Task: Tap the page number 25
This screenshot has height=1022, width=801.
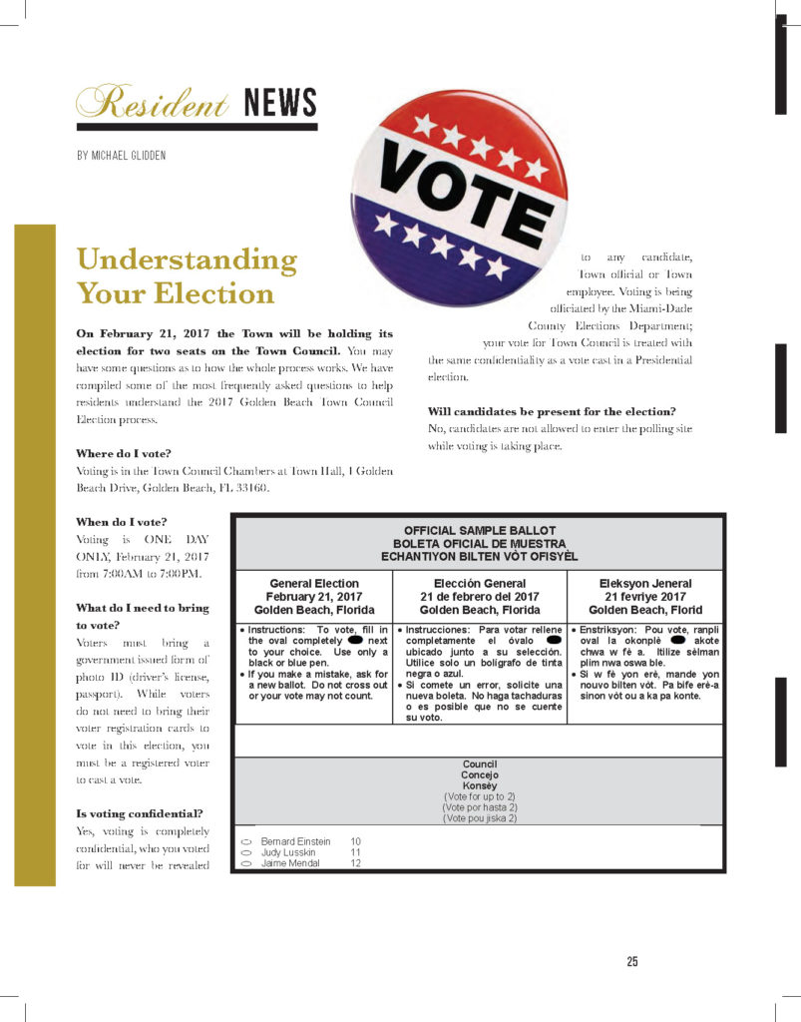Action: [632, 961]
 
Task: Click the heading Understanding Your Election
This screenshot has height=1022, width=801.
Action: [187, 276]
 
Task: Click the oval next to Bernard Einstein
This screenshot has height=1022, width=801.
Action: [246, 842]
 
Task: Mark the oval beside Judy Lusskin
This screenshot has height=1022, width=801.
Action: [246, 853]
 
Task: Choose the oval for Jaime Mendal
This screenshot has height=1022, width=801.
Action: [246, 864]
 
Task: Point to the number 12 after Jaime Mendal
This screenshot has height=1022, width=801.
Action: [355, 864]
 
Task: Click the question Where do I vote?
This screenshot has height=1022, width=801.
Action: [124, 453]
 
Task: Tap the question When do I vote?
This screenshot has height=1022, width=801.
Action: [122, 521]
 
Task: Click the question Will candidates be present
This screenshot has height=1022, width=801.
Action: [552, 411]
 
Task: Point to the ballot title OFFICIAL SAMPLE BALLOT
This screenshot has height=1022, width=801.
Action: [480, 530]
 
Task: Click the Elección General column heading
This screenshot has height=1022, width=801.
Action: [480, 583]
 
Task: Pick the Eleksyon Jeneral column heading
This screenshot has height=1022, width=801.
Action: [644, 583]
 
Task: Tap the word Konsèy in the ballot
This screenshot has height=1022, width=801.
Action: [480, 785]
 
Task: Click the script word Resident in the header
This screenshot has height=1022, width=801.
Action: [152, 103]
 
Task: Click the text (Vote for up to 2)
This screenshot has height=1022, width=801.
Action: [480, 796]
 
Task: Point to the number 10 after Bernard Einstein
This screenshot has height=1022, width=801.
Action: [355, 842]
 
